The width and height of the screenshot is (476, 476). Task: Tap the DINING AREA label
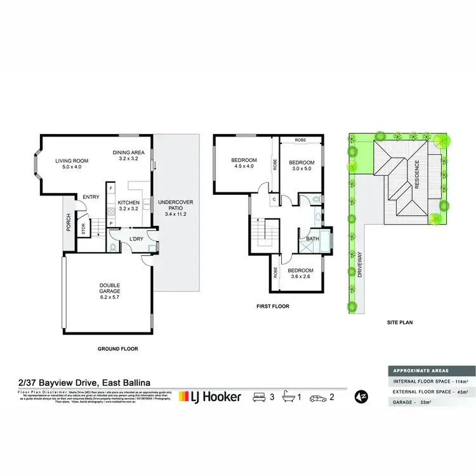coord(129,152)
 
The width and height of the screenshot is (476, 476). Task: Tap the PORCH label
coord(68,221)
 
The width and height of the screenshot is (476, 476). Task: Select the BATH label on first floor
coord(312,239)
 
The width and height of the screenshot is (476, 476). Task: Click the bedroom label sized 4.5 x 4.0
coord(244,159)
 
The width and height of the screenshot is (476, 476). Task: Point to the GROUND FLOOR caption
coord(117,348)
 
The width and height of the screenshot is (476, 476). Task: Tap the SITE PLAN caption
coord(400,322)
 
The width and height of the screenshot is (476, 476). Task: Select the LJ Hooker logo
coord(210,397)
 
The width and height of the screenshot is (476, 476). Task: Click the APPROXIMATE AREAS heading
coord(421,370)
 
